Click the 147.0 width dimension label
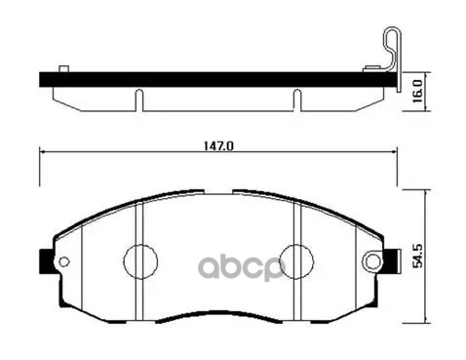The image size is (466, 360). pos(219,145)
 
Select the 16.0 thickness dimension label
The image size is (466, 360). pos(417,91)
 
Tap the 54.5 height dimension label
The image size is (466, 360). pos(418,257)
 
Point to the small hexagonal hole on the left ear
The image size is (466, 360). pos(63,260)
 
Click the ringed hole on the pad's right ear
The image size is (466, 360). pos(372,260)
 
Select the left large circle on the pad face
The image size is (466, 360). pos(140,261)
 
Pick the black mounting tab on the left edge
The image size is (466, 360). pos(46,261)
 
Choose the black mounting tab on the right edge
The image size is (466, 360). pos(391,261)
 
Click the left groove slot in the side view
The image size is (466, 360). pos(138,100)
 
